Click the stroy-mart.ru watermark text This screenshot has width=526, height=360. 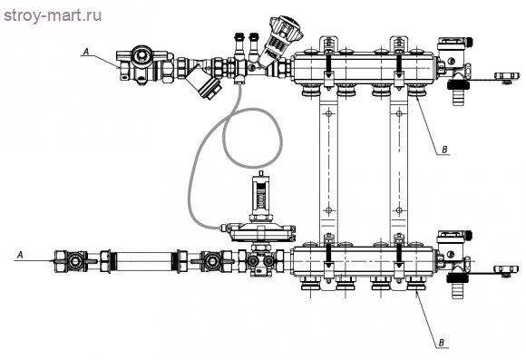coord(53,16)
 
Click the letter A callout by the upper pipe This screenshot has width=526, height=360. coord(86,52)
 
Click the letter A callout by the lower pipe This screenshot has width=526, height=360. coord(20,256)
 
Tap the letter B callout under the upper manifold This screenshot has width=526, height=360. coord(444,150)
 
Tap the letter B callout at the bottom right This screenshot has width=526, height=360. coord(442,343)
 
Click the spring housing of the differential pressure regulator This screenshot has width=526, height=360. coord(261,195)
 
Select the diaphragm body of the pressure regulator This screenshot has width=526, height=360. coord(261,232)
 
